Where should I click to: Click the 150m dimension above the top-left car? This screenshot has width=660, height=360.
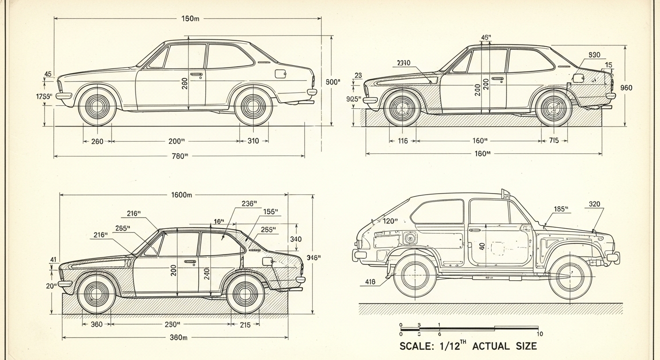(190, 19)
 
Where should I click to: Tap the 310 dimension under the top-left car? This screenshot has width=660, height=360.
(253, 141)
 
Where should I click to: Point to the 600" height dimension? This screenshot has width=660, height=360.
(333, 82)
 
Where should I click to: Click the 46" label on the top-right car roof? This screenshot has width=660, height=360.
(486, 37)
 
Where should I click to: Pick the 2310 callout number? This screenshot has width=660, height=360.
(403, 63)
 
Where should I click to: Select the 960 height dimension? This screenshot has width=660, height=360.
(626, 88)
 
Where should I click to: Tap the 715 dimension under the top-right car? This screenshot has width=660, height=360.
(553, 141)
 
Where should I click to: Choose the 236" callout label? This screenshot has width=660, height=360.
(249, 203)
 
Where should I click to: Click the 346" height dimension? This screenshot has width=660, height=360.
(314, 257)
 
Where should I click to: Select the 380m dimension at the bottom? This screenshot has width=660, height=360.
(179, 337)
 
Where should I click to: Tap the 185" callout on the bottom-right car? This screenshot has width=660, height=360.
(561, 209)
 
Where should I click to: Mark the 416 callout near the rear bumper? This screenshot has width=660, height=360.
(370, 282)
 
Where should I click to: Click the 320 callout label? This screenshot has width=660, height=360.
(594, 204)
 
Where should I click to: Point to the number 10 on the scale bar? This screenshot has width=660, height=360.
(540, 334)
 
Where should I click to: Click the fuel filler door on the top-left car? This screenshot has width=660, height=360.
(280, 74)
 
